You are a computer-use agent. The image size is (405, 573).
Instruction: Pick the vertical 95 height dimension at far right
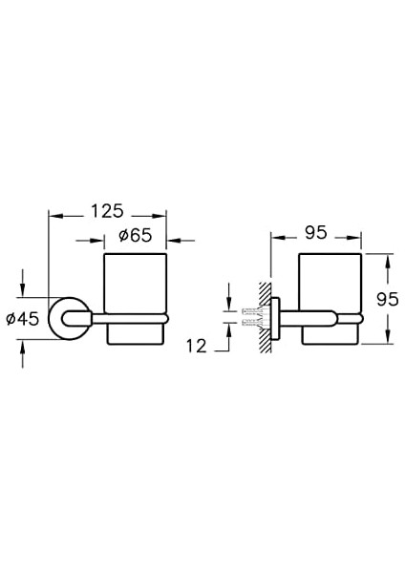pyautogui.click(x=386, y=299)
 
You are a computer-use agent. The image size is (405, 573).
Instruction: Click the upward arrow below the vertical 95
pyautogui.click(x=387, y=334)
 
